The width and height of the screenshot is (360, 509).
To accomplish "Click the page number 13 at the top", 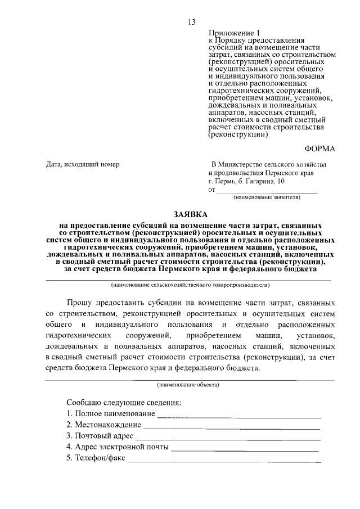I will click(x=192, y=22).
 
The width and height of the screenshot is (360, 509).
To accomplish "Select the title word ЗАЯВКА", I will click(x=190, y=214).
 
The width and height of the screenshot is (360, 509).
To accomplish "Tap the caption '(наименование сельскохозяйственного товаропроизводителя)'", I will click(x=191, y=285).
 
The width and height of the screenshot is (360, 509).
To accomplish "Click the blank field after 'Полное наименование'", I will click(x=238, y=416).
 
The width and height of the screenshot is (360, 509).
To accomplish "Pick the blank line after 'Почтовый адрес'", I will click(x=228, y=438).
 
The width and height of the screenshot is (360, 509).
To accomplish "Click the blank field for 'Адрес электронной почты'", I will click(x=244, y=449).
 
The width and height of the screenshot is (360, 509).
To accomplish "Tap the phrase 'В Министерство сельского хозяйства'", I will click(x=268, y=164).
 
